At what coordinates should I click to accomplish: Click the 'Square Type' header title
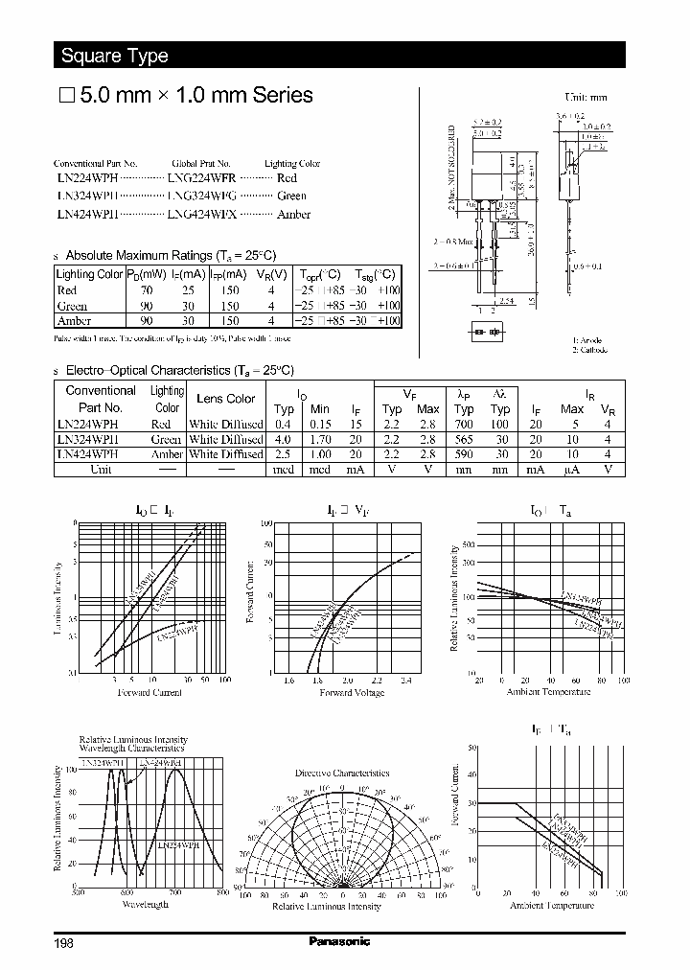[x=114, y=56]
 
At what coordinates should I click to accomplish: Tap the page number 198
[x=63, y=942]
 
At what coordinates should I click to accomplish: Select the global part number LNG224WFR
[x=200, y=178]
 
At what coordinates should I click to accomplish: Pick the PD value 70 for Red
[x=146, y=290]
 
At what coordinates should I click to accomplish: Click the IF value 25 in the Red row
[x=188, y=290]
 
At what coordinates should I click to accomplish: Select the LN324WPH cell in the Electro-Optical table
[x=87, y=439]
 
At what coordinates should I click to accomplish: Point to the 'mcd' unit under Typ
[x=284, y=470]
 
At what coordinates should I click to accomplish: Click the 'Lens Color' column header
[x=225, y=399]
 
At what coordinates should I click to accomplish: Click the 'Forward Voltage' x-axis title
[x=352, y=693]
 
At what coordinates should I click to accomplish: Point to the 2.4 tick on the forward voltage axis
[x=405, y=681]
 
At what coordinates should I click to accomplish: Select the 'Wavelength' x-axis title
[x=145, y=904]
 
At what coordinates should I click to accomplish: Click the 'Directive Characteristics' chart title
[x=342, y=773]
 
